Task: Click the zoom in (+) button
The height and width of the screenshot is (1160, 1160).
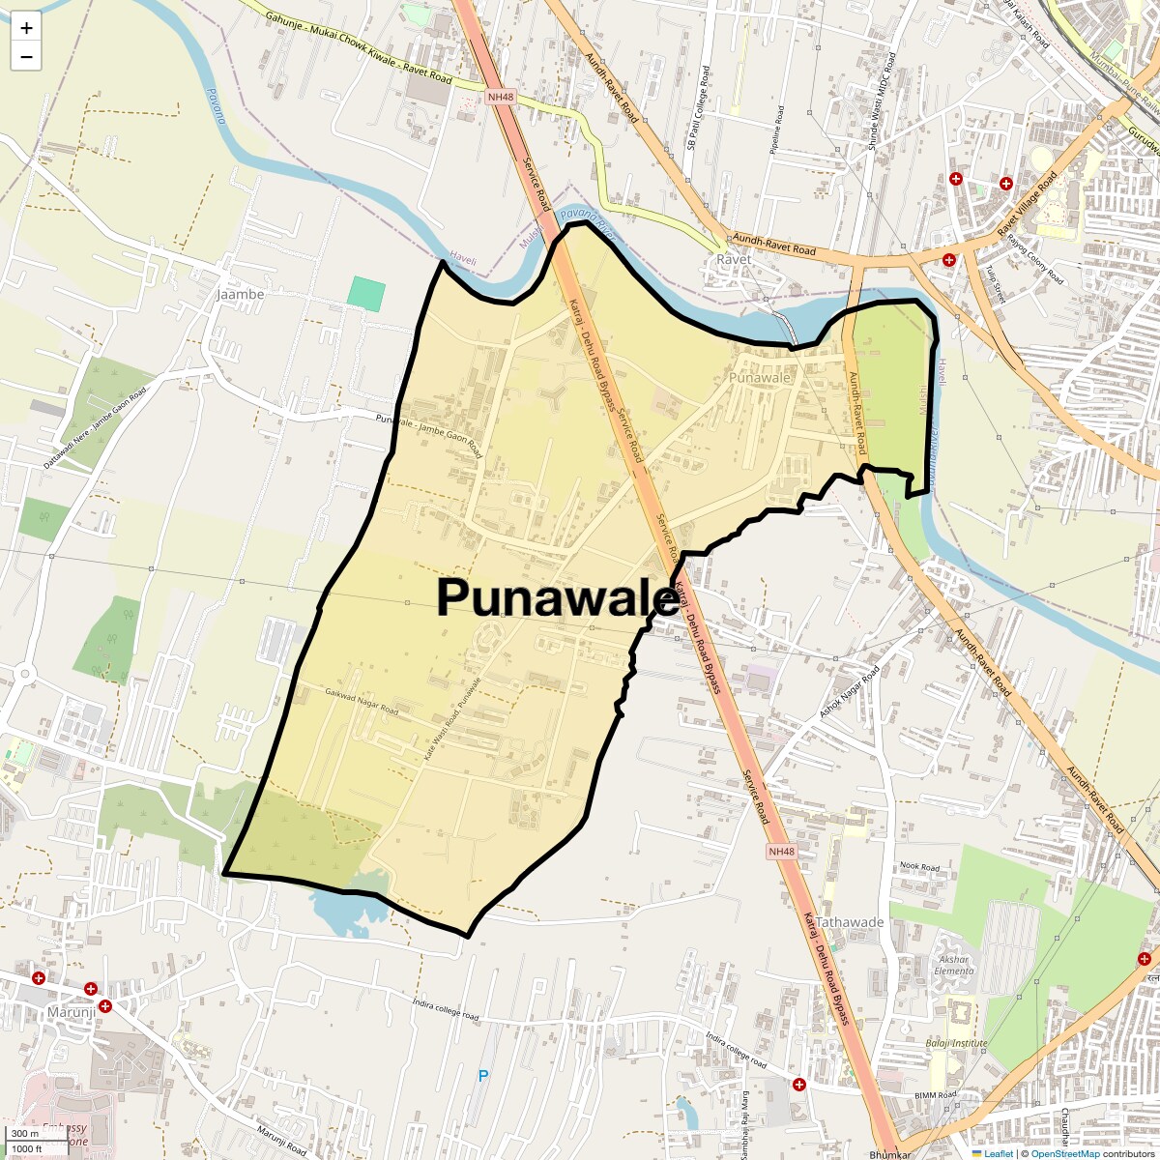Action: (x=26, y=28)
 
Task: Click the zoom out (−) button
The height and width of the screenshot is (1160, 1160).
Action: (x=26, y=57)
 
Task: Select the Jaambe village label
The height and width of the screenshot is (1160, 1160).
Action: (x=240, y=294)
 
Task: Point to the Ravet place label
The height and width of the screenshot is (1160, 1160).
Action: (x=734, y=260)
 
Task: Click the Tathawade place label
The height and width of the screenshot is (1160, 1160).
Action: (x=850, y=922)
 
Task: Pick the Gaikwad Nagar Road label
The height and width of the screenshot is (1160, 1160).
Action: (x=362, y=702)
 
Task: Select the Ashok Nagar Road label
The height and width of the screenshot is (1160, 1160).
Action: (x=850, y=691)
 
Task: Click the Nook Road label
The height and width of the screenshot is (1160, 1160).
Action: (x=919, y=867)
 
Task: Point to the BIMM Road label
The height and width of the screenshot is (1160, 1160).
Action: (x=935, y=1094)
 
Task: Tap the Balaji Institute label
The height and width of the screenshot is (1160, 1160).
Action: (x=956, y=1044)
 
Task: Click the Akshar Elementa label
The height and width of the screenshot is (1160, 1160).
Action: (x=954, y=966)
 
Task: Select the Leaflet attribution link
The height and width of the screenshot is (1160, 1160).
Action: (x=998, y=1153)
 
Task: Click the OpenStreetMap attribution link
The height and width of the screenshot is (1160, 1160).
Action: (x=1064, y=1153)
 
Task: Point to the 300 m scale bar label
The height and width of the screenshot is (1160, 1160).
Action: (x=25, y=1134)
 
